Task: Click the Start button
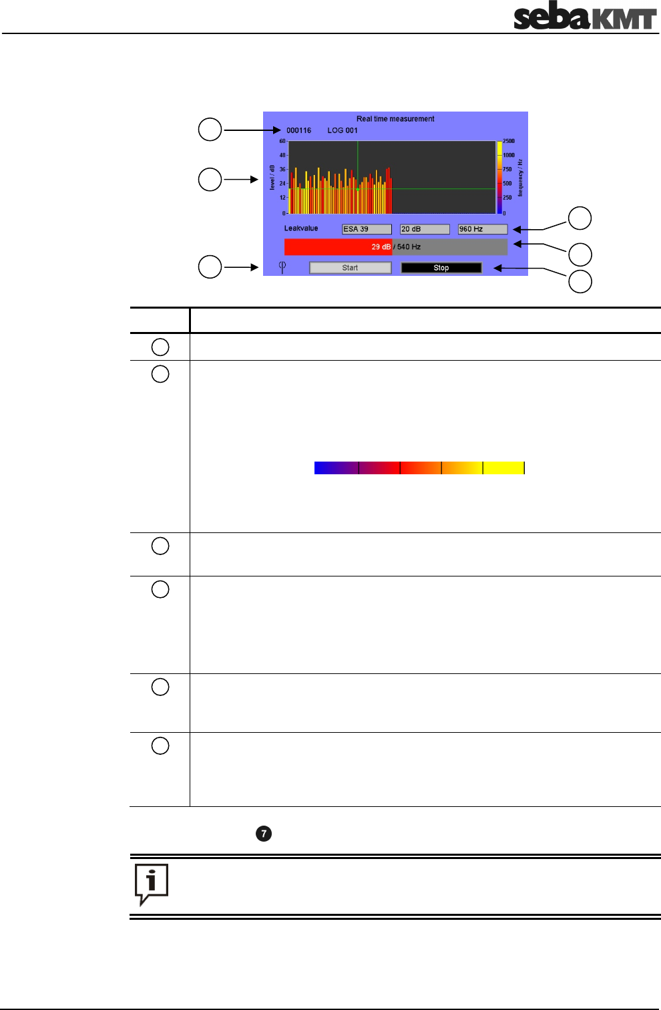click(x=350, y=268)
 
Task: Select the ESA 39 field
click(x=367, y=229)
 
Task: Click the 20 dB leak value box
click(x=425, y=229)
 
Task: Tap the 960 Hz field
click(x=483, y=229)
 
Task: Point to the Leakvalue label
click(x=301, y=228)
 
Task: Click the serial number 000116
click(x=298, y=130)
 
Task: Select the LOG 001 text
click(x=343, y=130)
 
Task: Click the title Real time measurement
click(x=395, y=119)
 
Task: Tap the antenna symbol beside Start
click(x=282, y=267)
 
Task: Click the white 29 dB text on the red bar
click(x=381, y=246)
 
